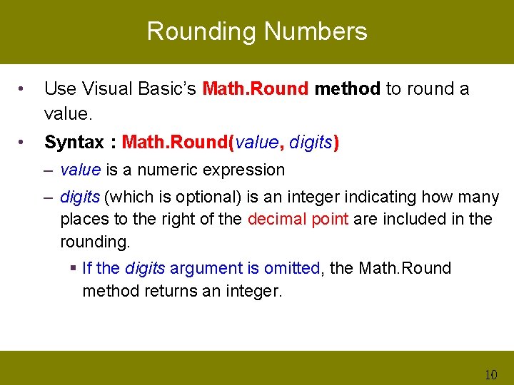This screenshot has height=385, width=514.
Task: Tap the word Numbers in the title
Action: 316,31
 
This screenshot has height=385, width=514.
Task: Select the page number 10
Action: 490,375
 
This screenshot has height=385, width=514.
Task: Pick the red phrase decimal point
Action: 298,219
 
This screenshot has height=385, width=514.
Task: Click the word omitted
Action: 291,268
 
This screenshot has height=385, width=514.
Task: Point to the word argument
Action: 205,269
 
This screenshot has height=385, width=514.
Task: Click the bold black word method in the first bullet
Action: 347,89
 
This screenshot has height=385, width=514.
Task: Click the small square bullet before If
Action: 74,269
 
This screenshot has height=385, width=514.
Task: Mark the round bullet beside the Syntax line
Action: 23,143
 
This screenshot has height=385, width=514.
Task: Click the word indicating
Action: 384,196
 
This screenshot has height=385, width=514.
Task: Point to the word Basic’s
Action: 165,89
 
